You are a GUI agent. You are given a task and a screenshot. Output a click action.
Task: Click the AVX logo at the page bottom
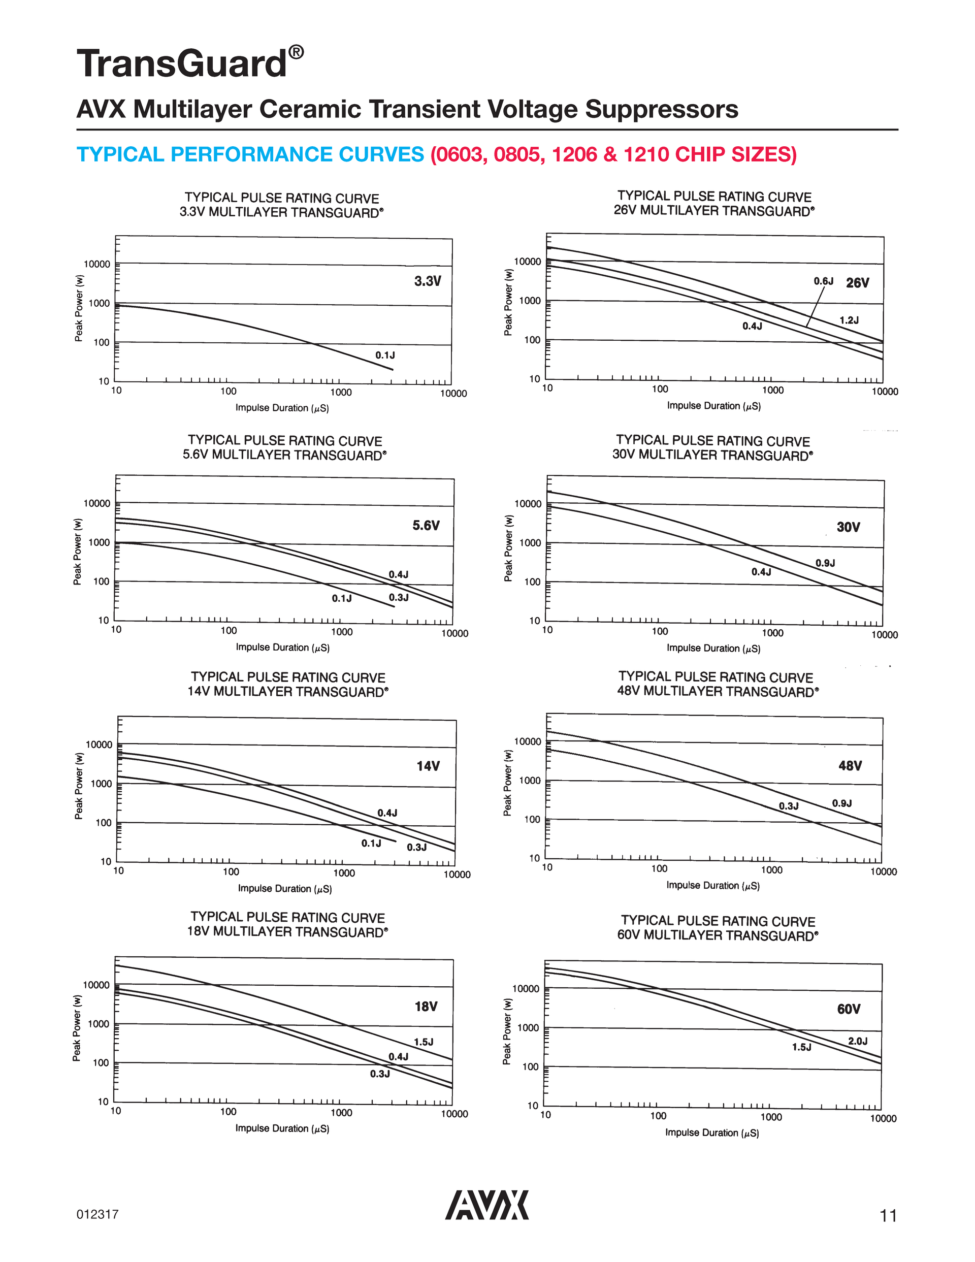pyautogui.click(x=486, y=1205)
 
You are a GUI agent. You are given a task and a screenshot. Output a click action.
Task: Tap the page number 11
pyautogui.click(x=888, y=1216)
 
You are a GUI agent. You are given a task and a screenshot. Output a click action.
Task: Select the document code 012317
pyautogui.click(x=97, y=1214)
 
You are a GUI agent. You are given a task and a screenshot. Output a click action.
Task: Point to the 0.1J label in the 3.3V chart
pyautogui.click(x=385, y=355)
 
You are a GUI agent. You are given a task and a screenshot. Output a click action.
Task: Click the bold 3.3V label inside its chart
pyautogui.click(x=428, y=281)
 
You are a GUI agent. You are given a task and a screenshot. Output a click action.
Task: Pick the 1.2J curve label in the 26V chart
pyautogui.click(x=849, y=320)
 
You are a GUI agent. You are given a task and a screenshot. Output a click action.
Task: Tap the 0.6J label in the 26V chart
pyautogui.click(x=824, y=281)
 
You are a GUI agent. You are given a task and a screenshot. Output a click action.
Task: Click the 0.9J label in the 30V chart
pyautogui.click(x=825, y=563)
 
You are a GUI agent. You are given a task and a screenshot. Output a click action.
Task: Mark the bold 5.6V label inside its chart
pyautogui.click(x=426, y=525)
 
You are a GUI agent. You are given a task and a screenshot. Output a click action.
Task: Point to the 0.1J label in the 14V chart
pyautogui.click(x=371, y=843)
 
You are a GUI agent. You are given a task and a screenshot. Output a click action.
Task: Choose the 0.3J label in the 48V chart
pyautogui.click(x=788, y=806)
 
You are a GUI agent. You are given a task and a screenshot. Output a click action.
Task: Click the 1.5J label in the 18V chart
pyautogui.click(x=424, y=1042)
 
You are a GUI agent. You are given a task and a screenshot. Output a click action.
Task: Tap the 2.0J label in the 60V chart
pyautogui.click(x=858, y=1041)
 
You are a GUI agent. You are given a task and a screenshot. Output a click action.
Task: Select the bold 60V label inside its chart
pyautogui.click(x=849, y=1009)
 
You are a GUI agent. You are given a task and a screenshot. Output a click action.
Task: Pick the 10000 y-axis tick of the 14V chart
pyautogui.click(x=99, y=745)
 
